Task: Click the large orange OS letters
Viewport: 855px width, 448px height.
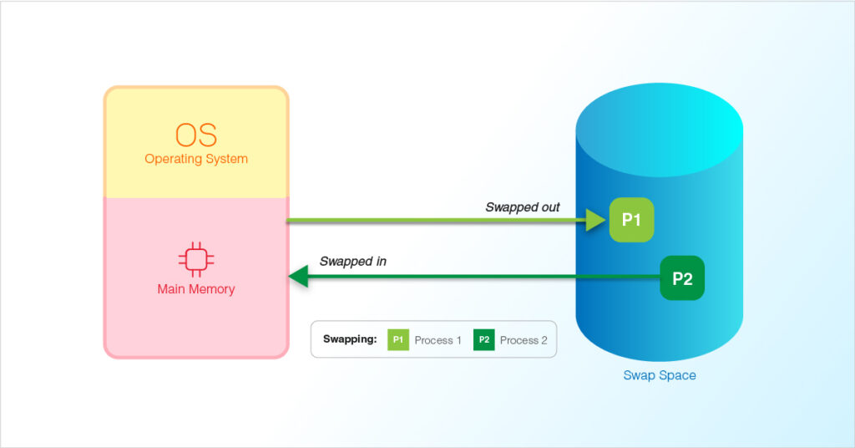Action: [x=196, y=135]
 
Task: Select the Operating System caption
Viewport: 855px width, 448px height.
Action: [x=196, y=159]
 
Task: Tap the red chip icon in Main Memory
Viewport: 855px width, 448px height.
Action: [x=196, y=260]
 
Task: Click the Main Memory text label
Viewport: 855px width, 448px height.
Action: [x=196, y=289]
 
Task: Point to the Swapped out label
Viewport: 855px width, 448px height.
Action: [x=523, y=206]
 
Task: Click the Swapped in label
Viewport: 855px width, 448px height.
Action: [x=353, y=262]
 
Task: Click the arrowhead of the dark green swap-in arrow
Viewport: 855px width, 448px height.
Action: [x=297, y=277]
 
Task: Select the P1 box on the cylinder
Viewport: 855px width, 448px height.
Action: [x=631, y=221]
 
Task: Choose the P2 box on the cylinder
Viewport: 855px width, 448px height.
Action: [x=682, y=278]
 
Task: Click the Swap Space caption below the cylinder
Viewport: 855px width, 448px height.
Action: [x=660, y=375]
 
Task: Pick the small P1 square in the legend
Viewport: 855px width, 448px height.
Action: [x=398, y=340]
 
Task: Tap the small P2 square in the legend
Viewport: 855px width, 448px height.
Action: [x=484, y=340]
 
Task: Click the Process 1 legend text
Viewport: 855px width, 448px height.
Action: [x=438, y=340]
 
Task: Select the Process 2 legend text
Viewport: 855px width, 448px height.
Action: [x=524, y=340]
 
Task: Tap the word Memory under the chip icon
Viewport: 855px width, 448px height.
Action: [x=211, y=289]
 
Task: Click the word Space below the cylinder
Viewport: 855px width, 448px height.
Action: [x=677, y=375]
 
